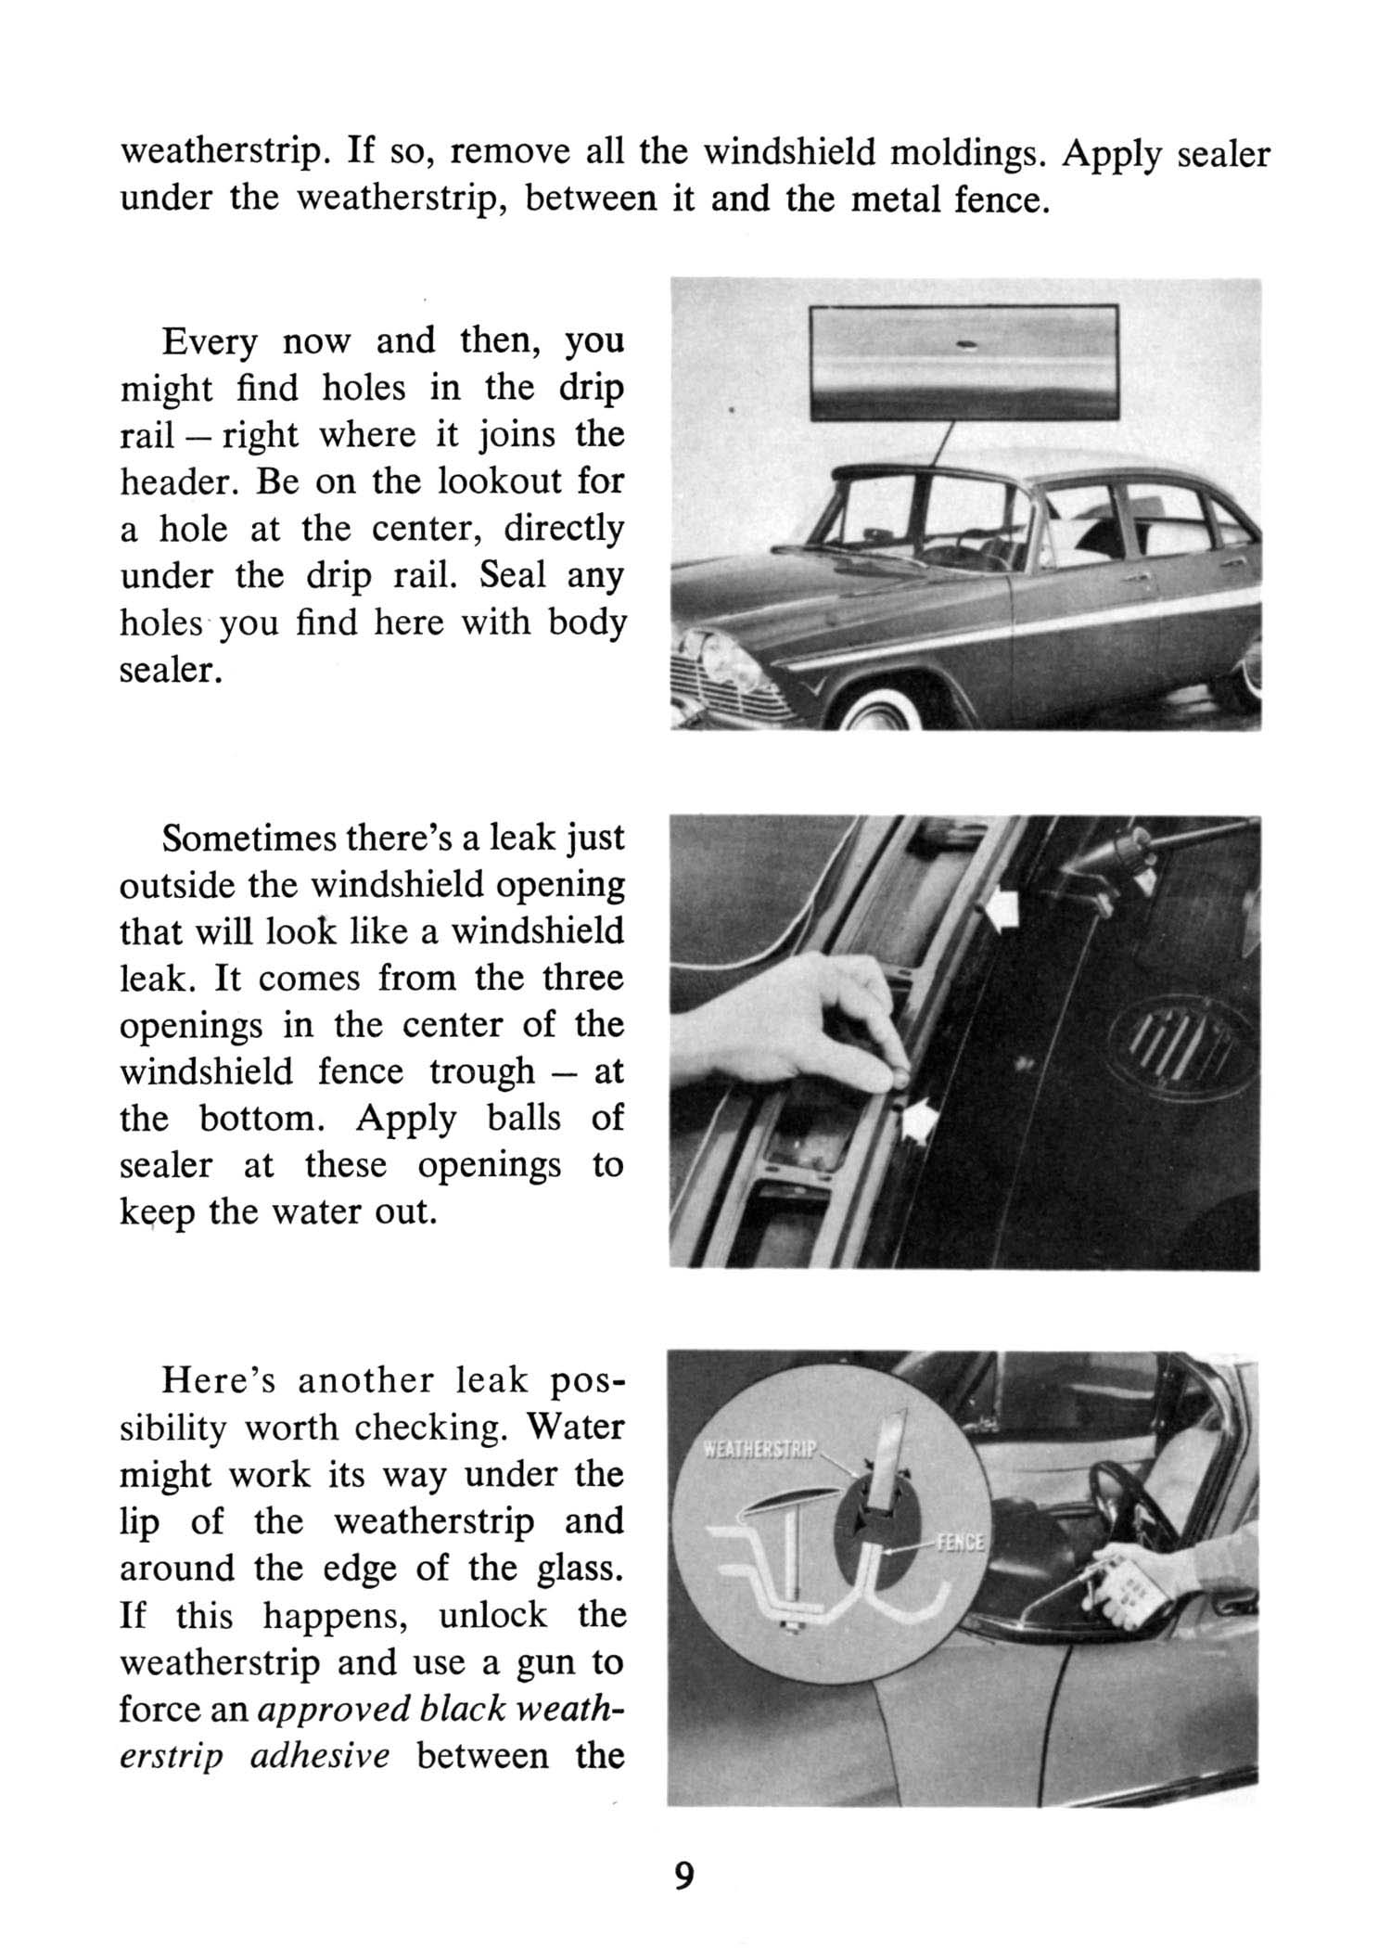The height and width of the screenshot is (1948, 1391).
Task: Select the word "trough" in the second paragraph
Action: (x=481, y=1072)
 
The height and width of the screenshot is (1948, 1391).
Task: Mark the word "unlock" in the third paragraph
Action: (x=493, y=1615)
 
